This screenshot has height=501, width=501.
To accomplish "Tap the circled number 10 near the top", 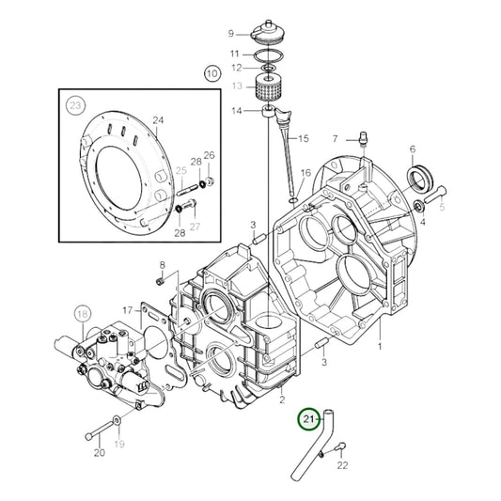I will (x=211, y=72).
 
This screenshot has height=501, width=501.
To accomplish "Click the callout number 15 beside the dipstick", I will (x=303, y=139).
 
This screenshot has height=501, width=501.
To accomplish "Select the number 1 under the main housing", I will (x=380, y=346).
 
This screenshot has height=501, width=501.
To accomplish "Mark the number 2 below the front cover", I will (x=280, y=399).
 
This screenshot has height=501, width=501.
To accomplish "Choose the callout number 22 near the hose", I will (x=342, y=464).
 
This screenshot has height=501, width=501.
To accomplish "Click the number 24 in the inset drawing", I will (x=158, y=120).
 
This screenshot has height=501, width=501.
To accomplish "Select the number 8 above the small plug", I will (x=161, y=265).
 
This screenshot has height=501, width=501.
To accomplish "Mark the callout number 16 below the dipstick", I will (x=305, y=173).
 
